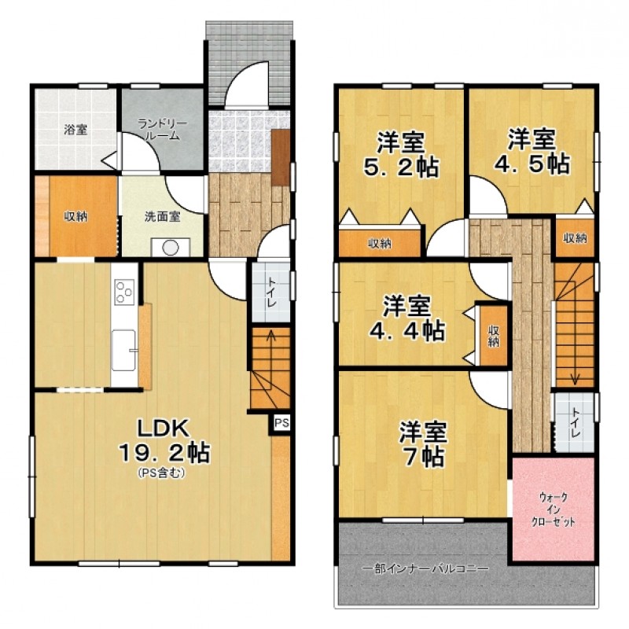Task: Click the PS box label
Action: tap(281, 423)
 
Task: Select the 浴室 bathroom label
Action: tap(75, 130)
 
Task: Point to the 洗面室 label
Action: tap(163, 217)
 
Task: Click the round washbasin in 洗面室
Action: tap(170, 248)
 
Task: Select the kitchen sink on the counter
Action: tap(123, 350)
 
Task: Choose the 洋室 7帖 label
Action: tap(423, 444)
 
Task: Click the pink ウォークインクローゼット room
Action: tap(554, 509)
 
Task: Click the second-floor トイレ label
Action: tap(576, 423)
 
